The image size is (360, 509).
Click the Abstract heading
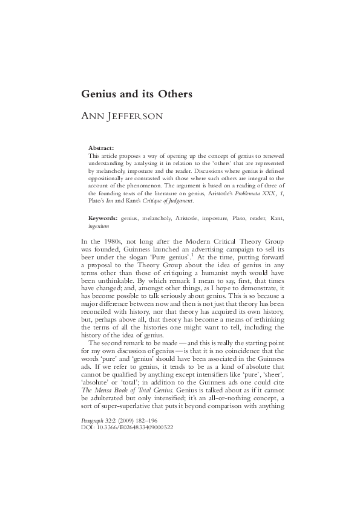pyautogui.click(x=101, y=148)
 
